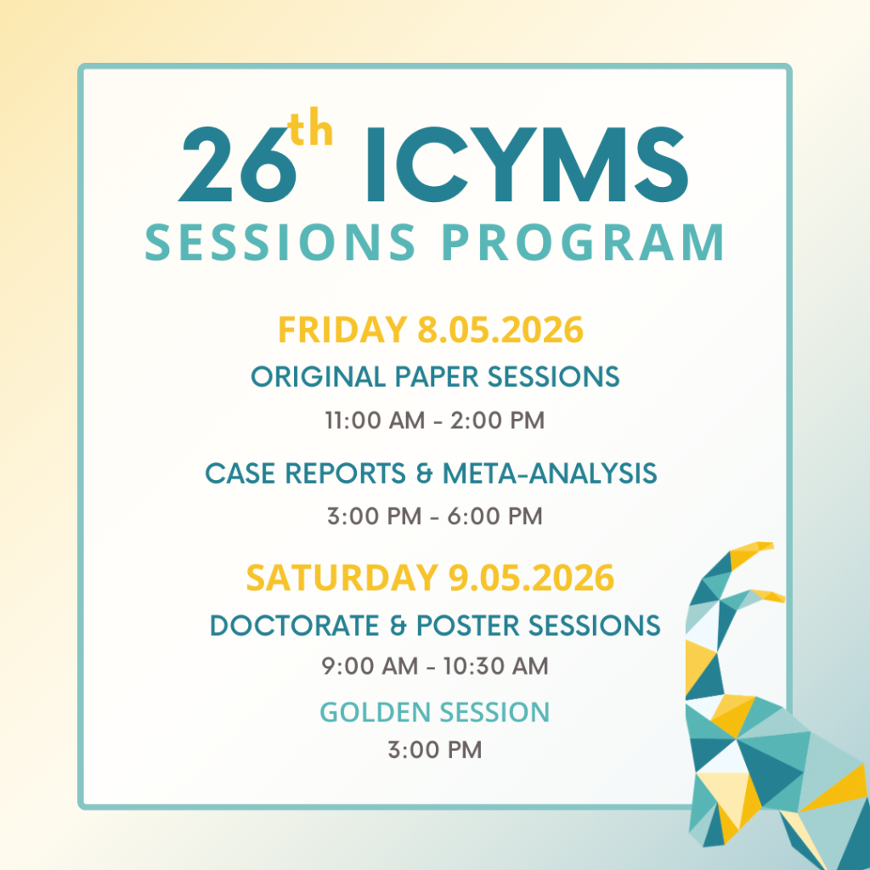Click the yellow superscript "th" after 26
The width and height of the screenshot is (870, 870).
pos(311,127)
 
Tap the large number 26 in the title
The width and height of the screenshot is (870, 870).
pos(237,164)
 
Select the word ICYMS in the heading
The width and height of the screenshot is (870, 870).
pos(527,164)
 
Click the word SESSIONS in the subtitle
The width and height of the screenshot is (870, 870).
pos(280,242)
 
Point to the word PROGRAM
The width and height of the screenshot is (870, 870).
pos(583,242)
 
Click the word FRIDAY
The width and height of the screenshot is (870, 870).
pos(343,330)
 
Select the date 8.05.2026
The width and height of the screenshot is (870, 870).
pos(500,330)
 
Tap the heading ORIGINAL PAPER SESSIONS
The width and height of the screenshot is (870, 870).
pos(435,376)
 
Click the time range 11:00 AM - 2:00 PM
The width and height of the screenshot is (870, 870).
pos(435,420)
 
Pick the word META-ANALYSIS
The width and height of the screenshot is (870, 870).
pos(550,473)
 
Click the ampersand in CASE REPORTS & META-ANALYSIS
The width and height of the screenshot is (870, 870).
pos(425,474)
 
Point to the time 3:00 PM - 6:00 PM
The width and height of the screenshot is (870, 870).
pos(435,516)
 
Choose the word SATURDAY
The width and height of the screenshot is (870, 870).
pos(342,578)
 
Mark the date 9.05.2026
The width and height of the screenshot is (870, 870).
pos(532,578)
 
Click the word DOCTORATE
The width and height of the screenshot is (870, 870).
pos(295,625)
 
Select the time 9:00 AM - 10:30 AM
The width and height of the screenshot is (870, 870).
pos(435,666)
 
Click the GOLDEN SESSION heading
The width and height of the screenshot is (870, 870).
pos(435,712)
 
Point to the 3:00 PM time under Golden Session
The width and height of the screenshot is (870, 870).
pos(435,749)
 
